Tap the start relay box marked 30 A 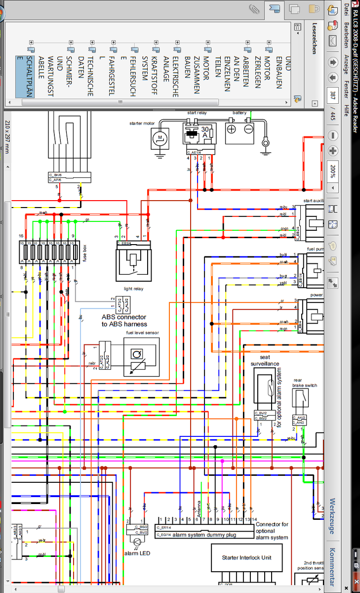pyautogui.click(x=200, y=133)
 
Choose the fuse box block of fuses pyautogui.click(x=49, y=253)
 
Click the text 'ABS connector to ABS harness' pyautogui.click(x=124, y=320)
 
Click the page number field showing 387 pyautogui.click(x=332, y=94)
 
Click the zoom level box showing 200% pyautogui.click(x=332, y=170)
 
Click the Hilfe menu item pyautogui.click(x=347, y=110)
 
